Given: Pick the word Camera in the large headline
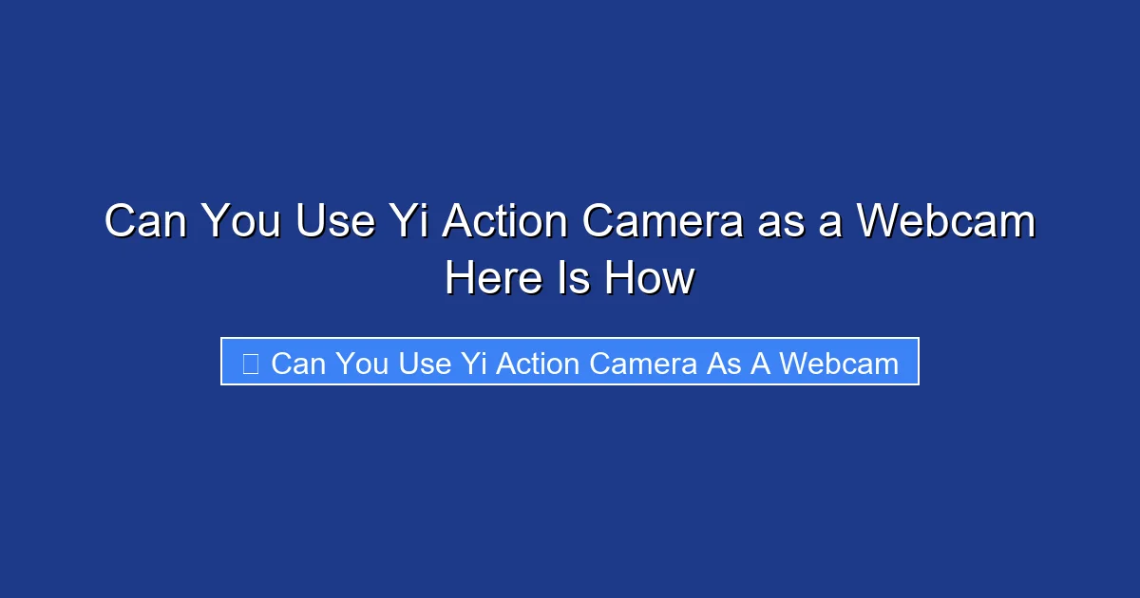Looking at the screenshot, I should (x=663, y=222).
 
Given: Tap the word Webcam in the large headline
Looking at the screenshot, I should (x=946, y=222).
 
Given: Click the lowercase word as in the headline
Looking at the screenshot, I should (x=780, y=222).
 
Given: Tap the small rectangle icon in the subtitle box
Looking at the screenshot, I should (x=250, y=363).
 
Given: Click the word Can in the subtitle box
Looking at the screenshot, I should (x=298, y=363).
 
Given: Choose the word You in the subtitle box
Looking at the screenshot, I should (x=362, y=363).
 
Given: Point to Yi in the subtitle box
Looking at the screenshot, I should (x=473, y=363).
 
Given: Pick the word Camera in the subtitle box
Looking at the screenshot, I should (x=643, y=363).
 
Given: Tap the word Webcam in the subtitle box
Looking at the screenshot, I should (x=840, y=363).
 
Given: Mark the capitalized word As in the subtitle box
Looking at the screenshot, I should (x=723, y=363).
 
